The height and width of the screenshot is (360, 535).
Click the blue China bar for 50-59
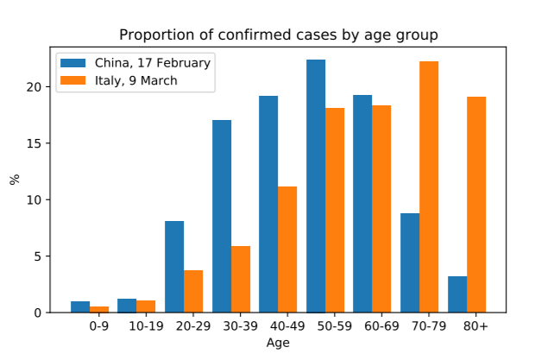pyautogui.click(x=316, y=186)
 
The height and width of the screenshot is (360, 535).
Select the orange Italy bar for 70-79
pyautogui.click(x=429, y=186)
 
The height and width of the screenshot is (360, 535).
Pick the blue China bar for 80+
pyautogui.click(x=457, y=294)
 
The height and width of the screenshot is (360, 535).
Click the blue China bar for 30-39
pyautogui.click(x=222, y=216)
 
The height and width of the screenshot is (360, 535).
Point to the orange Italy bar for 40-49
pyautogui.click(x=287, y=249)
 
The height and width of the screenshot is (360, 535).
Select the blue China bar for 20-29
pyautogui.click(x=174, y=267)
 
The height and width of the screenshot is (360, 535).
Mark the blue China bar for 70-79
pyautogui.click(x=410, y=262)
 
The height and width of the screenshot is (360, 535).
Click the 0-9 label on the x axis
pyautogui.click(x=98, y=327)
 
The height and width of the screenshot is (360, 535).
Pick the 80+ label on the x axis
pyautogui.click(x=475, y=327)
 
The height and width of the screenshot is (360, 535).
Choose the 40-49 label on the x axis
pyautogui.click(x=286, y=327)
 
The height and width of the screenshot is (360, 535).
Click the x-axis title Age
pyautogui.click(x=278, y=343)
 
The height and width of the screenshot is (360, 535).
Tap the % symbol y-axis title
pyautogui.click(x=14, y=180)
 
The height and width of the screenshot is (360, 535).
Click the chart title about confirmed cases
pyautogui.click(x=278, y=35)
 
